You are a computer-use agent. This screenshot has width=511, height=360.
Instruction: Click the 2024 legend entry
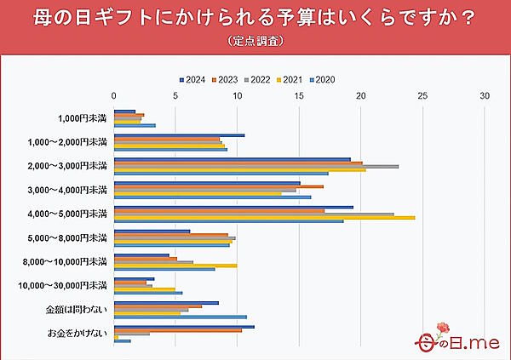[193, 79]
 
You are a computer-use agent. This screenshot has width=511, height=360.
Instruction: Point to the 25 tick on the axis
[422, 95]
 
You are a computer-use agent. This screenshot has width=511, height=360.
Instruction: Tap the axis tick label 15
[299, 95]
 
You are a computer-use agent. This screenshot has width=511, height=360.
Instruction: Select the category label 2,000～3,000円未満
[67, 165]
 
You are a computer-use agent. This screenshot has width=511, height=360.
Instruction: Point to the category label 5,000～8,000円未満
[67, 237]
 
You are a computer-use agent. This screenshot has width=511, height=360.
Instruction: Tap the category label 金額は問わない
[77, 308]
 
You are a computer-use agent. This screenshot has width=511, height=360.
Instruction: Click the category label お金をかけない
[77, 332]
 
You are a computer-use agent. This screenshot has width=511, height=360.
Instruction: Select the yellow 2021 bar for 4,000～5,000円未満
[264, 217]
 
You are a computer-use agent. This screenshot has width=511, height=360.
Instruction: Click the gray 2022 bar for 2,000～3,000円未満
[255, 166]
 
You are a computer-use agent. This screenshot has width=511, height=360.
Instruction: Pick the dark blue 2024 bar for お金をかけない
[184, 327]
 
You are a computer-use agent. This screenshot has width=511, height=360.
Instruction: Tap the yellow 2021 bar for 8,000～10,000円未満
[175, 266]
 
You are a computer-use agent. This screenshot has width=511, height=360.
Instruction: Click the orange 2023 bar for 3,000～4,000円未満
[218, 186]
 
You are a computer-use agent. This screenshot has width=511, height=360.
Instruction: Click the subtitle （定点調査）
[255, 41]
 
